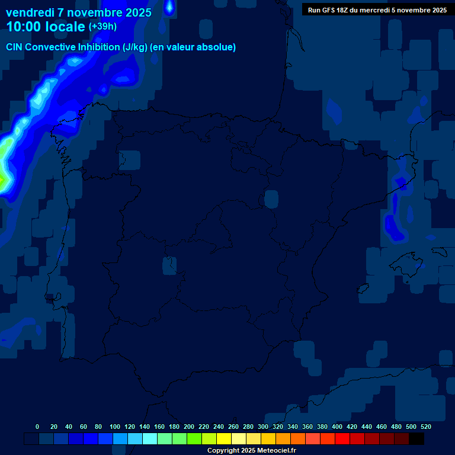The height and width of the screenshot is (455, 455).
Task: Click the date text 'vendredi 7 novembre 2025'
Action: (78, 12)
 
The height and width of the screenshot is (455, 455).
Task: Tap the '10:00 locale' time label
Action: (46, 27)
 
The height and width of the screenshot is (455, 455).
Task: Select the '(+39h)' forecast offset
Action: (102, 27)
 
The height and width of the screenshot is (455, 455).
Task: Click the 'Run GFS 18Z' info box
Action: (377, 10)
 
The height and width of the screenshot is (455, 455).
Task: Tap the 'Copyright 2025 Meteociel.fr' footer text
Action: (251, 450)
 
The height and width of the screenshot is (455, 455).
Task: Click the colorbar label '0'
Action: (37, 427)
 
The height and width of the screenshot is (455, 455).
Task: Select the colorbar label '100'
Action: (115, 427)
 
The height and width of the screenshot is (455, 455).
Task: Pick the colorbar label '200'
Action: (189, 427)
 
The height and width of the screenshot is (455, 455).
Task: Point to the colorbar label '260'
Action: (233, 427)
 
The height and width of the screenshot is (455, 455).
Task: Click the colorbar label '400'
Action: (337, 427)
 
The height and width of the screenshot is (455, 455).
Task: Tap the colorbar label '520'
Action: (425, 427)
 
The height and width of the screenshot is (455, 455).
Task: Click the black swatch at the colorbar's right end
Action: (416, 439)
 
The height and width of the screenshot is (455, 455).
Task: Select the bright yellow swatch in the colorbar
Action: (224, 439)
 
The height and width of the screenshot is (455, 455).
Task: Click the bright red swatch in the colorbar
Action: (342, 439)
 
